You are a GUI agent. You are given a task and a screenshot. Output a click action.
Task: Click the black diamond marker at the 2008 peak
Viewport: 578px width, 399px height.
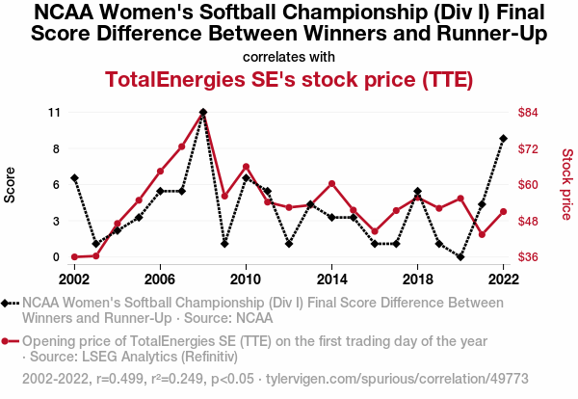point(203,112)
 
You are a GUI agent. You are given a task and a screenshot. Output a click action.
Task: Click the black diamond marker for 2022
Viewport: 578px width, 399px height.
point(503,139)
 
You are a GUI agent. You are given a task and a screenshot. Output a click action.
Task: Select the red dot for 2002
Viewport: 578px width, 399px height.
point(74,257)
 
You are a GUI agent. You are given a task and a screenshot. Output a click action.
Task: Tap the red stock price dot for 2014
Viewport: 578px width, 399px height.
point(331,184)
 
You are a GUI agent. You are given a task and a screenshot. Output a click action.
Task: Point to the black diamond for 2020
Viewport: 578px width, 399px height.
point(460,257)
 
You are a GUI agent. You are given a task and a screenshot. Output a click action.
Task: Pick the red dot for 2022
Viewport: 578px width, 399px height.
point(503,212)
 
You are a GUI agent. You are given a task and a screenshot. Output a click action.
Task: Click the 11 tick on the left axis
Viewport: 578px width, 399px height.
point(54,112)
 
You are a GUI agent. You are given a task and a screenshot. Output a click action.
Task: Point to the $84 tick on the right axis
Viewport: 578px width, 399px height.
point(528,112)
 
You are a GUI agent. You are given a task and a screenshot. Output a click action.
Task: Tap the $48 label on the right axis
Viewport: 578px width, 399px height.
point(528,221)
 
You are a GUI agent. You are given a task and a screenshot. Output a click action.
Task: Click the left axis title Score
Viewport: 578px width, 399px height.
point(11,184)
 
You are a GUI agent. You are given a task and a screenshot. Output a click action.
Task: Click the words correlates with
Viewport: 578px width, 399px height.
point(289,56)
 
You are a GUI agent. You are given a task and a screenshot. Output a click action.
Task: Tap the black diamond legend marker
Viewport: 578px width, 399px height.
point(11,303)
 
